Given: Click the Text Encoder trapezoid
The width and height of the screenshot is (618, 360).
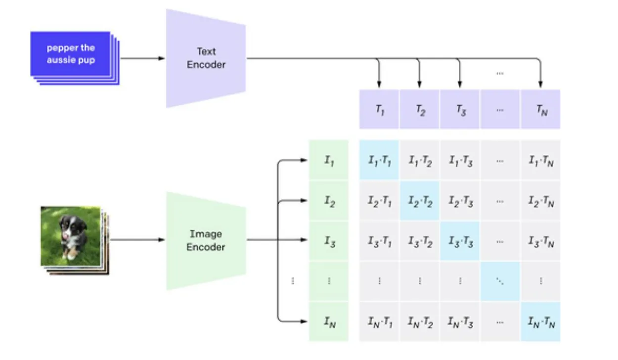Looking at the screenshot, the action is point(206,58).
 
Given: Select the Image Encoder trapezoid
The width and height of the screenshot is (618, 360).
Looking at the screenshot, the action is point(206,240).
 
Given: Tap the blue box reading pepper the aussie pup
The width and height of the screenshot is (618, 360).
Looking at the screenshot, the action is point(70,54).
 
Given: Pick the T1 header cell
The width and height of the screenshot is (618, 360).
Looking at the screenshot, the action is point(379,109).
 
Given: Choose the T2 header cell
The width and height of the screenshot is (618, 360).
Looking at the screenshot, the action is point(419,109).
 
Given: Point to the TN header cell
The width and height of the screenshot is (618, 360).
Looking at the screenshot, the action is point(540,109).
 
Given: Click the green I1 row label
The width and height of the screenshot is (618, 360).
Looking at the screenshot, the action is point(329,160).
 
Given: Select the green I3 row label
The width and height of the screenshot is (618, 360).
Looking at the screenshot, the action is point(329,241).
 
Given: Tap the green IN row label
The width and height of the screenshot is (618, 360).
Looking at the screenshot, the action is point(329,321).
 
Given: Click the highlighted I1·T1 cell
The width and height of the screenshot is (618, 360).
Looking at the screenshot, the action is point(379,160).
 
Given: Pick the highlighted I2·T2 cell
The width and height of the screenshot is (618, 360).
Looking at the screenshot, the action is point(419,201).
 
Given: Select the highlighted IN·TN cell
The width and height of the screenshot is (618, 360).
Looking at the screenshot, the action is point(540,321).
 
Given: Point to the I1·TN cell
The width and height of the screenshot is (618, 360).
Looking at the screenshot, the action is point(540,160).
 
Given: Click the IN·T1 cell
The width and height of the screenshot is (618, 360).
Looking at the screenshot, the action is point(379,321).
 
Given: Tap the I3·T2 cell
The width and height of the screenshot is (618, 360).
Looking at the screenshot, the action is point(419,241).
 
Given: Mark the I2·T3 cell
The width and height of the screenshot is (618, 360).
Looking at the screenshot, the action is point(460,201).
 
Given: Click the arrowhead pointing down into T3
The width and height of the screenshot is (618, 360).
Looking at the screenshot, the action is point(460,85).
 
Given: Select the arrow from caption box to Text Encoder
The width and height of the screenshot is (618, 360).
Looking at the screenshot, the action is point(143,58).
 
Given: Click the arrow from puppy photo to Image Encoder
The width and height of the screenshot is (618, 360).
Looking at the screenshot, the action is point(137,240).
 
